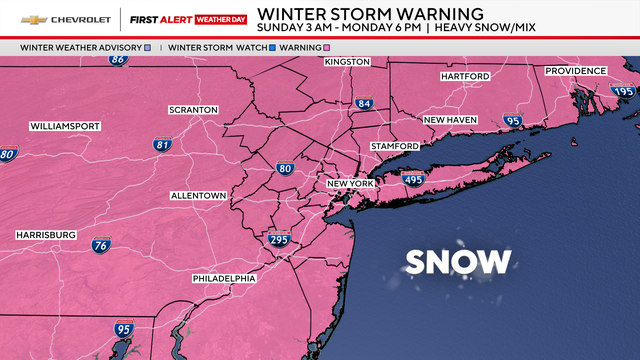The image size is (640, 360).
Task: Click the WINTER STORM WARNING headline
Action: pyautogui.click(x=370, y=13)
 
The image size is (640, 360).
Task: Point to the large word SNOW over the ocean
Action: pyautogui.click(x=457, y=263)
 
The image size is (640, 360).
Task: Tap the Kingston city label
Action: pyautogui.click(x=347, y=62)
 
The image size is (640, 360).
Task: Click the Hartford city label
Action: pyautogui.click(x=464, y=77)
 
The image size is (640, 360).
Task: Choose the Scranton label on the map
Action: pyautogui.click(x=194, y=109)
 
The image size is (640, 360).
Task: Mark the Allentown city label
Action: pyautogui.click(x=198, y=195)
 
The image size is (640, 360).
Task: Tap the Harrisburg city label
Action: pyautogui.click(x=46, y=234)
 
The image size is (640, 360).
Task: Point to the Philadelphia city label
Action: pyautogui.click(x=224, y=278)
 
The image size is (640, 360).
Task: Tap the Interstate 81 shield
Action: pyautogui.click(x=162, y=145)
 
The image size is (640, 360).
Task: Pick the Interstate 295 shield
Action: pyautogui.click(x=279, y=240)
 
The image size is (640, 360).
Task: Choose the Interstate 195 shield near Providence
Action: pyautogui.click(x=623, y=91)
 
